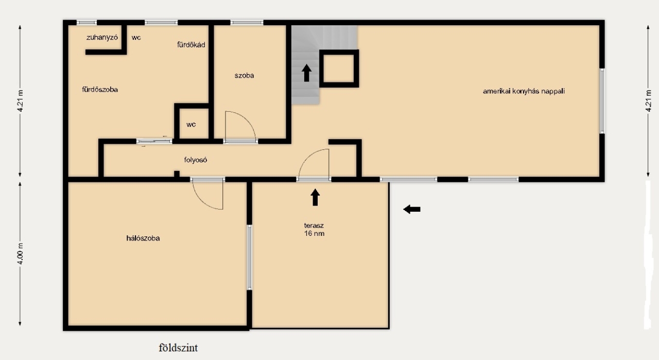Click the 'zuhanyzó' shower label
(x=102, y=38)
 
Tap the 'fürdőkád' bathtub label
(x=191, y=45)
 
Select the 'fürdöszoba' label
(x=100, y=90)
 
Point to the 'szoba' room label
(x=244, y=75)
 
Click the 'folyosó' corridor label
(x=196, y=160)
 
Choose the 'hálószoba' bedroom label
(x=143, y=238)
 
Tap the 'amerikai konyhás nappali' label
(x=524, y=91)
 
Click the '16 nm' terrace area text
(x=314, y=234)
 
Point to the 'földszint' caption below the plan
(x=178, y=348)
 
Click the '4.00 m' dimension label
(x=20, y=254)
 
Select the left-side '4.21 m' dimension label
(x=20, y=100)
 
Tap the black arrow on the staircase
(x=306, y=73)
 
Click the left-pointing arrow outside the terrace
(x=411, y=209)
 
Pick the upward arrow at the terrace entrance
(x=315, y=197)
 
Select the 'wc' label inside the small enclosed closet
(x=191, y=125)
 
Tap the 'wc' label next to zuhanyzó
(x=136, y=38)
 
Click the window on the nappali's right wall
(x=602, y=101)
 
